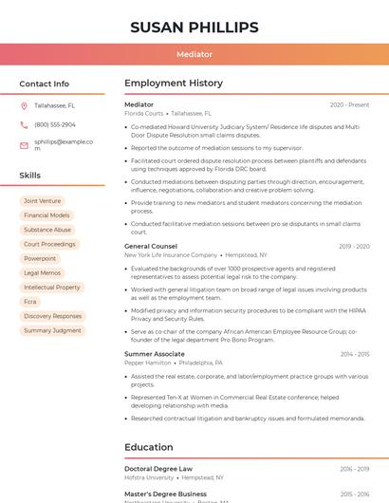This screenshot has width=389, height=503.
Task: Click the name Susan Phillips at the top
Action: point(194,27)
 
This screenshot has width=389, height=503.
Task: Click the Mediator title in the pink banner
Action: point(194,54)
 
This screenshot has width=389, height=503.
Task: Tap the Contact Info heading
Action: point(44,84)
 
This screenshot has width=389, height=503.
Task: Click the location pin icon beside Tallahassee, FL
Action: point(24,106)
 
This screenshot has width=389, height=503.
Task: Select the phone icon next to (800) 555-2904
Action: point(24,125)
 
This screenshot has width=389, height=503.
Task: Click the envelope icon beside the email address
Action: point(24,144)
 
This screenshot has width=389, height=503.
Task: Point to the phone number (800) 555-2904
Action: point(55,125)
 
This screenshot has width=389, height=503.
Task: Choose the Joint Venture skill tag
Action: point(42,201)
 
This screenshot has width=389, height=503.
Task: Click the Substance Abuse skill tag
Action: point(47,230)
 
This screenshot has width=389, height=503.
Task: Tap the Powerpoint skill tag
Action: point(40,258)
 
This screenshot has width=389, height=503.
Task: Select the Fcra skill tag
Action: point(30,302)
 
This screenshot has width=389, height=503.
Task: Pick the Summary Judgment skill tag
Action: point(52,330)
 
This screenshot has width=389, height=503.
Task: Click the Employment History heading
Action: point(174,84)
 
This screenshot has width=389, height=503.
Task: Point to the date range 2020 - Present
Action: point(349,104)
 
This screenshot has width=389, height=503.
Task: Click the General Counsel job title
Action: point(151,247)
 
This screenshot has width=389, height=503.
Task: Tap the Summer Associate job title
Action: point(155,354)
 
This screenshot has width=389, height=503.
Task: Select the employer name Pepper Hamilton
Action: point(148,363)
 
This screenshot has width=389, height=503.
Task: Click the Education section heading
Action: point(150,447)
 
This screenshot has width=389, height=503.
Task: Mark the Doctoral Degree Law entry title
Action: point(158,469)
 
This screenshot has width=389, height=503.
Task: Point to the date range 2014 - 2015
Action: point(354,354)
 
